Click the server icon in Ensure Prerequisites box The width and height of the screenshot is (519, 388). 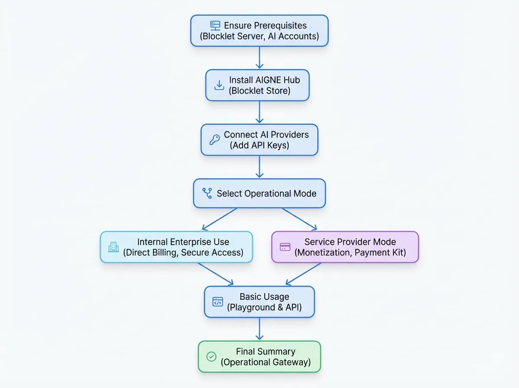(215, 26)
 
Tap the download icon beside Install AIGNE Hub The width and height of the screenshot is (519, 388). (219, 85)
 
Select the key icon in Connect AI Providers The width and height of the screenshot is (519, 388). (215, 140)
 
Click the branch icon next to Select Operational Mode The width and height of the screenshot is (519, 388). (207, 193)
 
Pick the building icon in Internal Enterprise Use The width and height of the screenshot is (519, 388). (113, 247)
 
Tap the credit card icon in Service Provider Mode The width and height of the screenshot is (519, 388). (285, 247)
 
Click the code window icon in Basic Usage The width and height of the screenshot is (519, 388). (218, 302)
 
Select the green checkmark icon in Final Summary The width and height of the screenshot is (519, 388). (211, 356)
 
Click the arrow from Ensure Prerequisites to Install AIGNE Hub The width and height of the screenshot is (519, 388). (259, 58)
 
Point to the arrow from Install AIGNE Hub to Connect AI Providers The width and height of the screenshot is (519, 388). (259, 112)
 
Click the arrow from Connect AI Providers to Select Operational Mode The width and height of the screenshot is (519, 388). (259, 167)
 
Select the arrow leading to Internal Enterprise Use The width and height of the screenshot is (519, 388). (220, 219)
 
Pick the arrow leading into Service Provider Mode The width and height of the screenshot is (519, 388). (299, 219)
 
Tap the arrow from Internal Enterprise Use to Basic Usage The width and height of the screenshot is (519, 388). (216, 274)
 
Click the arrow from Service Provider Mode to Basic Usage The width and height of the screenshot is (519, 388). (303, 274)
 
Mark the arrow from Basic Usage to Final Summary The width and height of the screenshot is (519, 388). (259, 329)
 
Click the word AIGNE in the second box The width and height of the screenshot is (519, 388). (269, 80)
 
